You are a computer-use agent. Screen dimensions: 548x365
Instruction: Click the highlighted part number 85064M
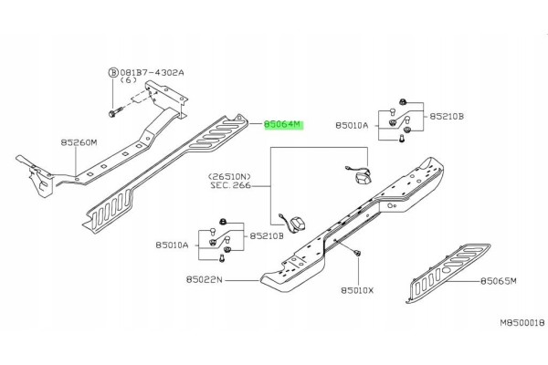point(282,124)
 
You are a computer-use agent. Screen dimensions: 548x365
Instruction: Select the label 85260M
point(79,142)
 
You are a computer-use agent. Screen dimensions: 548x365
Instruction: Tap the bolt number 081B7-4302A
point(152,73)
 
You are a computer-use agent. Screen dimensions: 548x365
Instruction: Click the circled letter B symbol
point(113,73)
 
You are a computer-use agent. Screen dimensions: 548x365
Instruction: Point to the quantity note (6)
point(128,80)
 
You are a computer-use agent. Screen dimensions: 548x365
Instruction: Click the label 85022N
point(204,280)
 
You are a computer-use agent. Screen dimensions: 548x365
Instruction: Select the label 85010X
point(357,290)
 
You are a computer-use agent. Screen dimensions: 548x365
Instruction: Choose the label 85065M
point(499,281)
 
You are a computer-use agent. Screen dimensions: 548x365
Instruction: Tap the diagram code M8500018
point(522,323)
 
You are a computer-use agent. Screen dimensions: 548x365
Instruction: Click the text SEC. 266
point(231,185)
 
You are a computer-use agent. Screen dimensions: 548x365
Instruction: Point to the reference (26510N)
point(229,177)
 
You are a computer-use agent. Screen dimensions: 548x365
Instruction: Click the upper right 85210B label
point(447,116)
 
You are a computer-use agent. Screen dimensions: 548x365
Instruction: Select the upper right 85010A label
point(352,125)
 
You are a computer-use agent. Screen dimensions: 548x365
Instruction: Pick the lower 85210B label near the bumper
point(267,236)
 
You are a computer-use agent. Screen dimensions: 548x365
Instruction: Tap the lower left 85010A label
point(172,245)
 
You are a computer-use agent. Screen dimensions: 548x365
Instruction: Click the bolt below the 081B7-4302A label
point(115,112)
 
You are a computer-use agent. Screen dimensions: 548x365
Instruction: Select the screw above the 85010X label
point(357,253)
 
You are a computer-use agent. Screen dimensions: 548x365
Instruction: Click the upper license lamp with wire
point(359,175)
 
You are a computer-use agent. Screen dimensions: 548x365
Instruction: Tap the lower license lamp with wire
point(293,223)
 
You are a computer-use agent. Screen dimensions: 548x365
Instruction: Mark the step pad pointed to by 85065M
point(448,273)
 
